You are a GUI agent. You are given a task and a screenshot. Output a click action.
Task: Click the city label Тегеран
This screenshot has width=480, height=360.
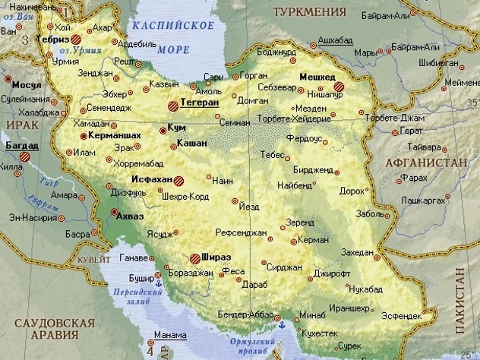pos(199,102)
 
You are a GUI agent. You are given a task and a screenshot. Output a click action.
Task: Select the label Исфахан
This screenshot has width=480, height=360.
pos(152,180)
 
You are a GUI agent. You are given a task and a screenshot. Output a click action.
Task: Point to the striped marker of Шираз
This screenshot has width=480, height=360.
pos(196,258)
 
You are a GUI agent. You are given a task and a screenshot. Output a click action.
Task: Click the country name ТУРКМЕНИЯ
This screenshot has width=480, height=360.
pos(311,11)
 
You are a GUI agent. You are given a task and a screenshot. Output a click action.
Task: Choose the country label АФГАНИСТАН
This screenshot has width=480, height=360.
pos(431,163)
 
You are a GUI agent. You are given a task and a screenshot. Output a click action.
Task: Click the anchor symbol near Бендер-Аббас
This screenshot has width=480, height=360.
pos(281,325)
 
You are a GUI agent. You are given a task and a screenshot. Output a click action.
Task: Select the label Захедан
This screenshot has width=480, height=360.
pos(358,252)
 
